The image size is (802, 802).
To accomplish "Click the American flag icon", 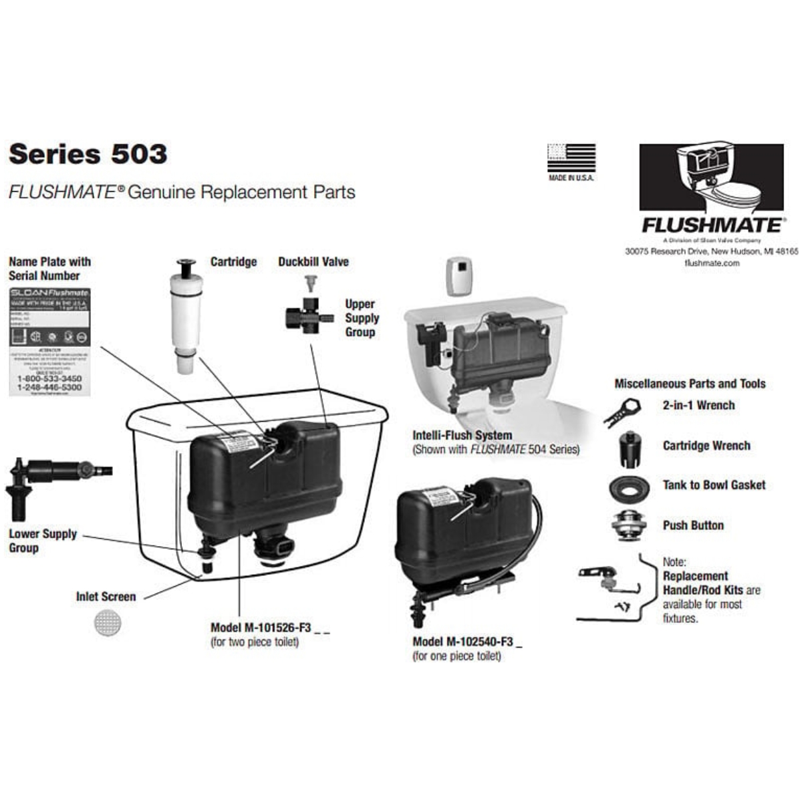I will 571,158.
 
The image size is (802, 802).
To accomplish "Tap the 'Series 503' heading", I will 88,154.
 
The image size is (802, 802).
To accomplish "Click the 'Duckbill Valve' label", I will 313,261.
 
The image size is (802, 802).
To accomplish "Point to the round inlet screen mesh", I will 108,623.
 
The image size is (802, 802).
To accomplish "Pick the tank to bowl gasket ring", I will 629,488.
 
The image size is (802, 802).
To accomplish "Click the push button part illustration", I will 629,525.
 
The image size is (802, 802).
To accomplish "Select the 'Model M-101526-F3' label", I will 261,628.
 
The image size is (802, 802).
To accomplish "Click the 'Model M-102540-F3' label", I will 463,642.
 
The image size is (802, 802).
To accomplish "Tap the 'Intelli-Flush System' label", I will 462,435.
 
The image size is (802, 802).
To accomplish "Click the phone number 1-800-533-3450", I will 49,378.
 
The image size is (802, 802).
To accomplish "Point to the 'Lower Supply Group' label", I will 42,541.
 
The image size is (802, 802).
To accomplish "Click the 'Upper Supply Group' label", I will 362,317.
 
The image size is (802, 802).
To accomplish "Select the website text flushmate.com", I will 712,263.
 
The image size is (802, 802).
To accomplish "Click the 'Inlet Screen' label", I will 106,596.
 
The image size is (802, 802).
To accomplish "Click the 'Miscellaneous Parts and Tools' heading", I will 690,384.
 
